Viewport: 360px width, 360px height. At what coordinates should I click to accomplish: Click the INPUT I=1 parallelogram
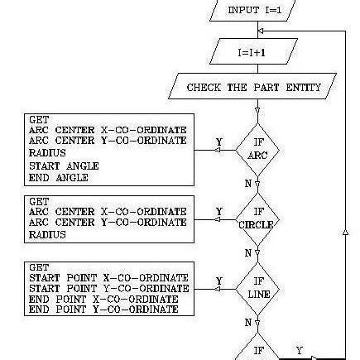pyautogui.click(x=255, y=11)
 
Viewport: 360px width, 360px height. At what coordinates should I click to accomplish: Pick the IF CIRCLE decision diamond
pyautogui.click(x=257, y=218)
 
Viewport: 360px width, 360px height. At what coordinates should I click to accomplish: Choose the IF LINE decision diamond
pyautogui.click(x=257, y=287)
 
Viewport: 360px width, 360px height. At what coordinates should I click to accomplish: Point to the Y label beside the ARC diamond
pyautogui.click(x=219, y=142)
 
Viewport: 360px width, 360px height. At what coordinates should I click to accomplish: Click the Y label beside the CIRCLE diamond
pyautogui.click(x=218, y=210)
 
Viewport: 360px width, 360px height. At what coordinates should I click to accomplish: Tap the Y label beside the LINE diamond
pyautogui.click(x=218, y=281)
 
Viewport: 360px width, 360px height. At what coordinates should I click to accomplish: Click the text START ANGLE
pyautogui.click(x=63, y=166)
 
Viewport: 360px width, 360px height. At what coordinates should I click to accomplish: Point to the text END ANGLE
pyautogui.click(x=58, y=176)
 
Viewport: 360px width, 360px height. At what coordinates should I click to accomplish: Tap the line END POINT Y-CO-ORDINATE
pyautogui.click(x=103, y=309)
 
